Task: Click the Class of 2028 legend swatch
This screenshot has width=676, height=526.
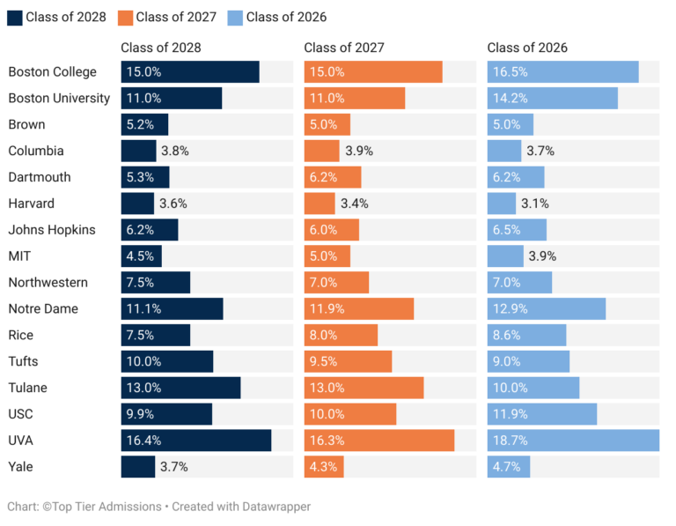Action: point(15,17)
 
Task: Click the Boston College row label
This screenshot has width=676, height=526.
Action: point(52,72)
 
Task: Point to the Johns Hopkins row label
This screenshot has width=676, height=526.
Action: point(52,230)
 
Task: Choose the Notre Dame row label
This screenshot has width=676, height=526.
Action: point(43,308)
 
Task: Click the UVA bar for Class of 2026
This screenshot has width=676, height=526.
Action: point(573,441)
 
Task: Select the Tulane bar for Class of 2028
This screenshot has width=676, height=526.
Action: point(180,388)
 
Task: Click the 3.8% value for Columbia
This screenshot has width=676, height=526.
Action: point(174,151)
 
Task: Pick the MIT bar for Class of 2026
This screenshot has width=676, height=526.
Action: point(505,256)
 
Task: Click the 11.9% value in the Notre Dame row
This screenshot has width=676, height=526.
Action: point(327,308)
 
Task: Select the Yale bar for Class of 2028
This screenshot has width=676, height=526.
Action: point(138,467)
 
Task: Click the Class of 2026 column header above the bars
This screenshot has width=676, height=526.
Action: point(527,48)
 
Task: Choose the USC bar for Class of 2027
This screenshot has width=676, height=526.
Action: point(350,414)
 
